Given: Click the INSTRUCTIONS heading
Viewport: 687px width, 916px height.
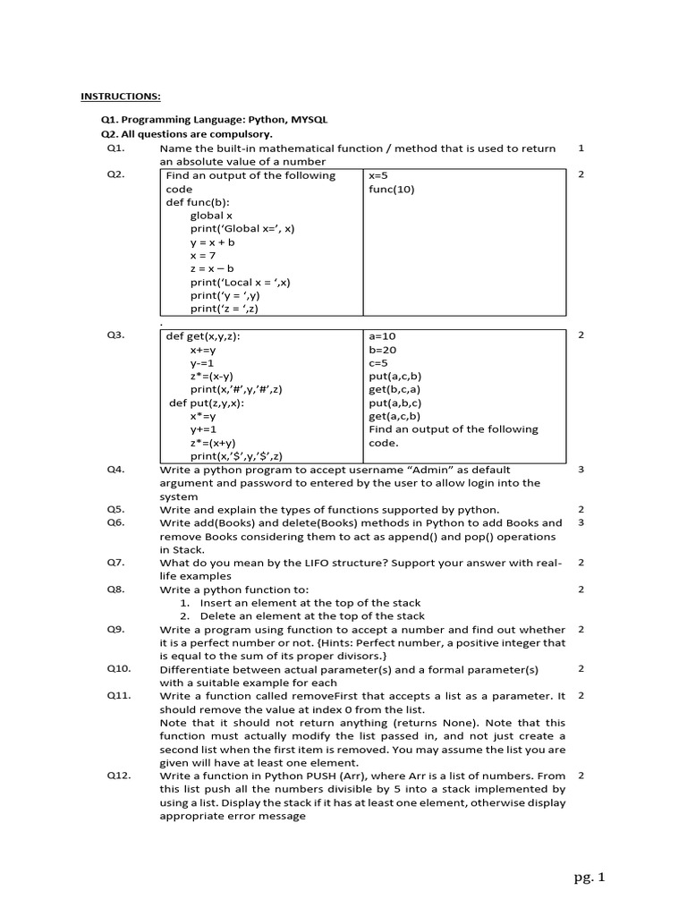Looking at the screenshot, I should pyautogui.click(x=122, y=96).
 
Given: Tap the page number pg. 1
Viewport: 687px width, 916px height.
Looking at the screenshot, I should pyautogui.click(x=589, y=878).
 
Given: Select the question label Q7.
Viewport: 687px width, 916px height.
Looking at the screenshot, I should pyautogui.click(x=116, y=563).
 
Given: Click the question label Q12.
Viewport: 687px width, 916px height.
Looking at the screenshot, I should pyautogui.click(x=119, y=776).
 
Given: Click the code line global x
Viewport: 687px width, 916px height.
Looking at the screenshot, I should pyautogui.click(x=211, y=216).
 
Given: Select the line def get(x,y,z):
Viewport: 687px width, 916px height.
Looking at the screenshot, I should pyautogui.click(x=203, y=335).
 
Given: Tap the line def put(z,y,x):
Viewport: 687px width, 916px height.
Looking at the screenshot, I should pyautogui.click(x=207, y=403).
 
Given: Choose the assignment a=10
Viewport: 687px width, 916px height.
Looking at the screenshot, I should pyautogui.click(x=382, y=335).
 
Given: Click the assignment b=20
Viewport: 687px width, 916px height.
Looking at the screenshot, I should pyautogui.click(x=382, y=350).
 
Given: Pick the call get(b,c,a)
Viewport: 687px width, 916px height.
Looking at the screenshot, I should pyautogui.click(x=394, y=389).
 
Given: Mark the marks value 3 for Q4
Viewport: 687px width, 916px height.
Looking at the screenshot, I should pyautogui.click(x=581, y=469).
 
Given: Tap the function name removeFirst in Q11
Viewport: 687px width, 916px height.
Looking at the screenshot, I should pyautogui.click(x=323, y=695).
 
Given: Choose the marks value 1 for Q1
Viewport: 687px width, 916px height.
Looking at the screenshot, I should pyautogui.click(x=581, y=148).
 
